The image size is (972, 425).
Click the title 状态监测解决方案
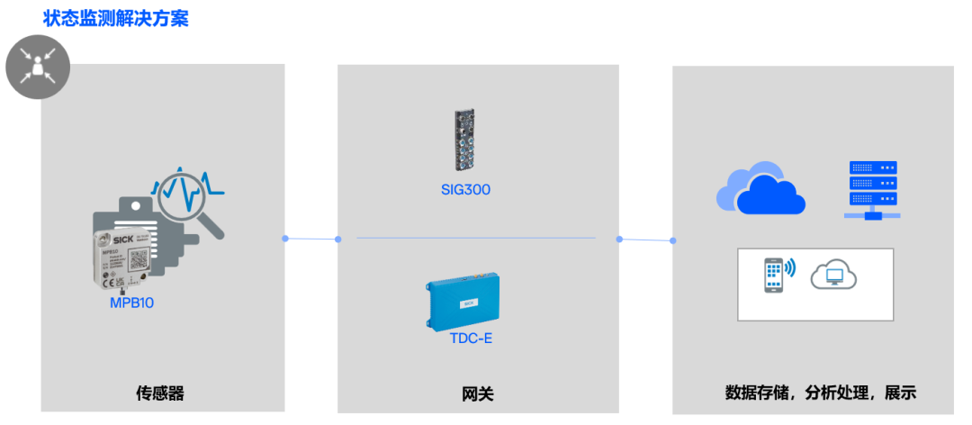pos(116,18)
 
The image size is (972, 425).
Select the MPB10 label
pos(131,303)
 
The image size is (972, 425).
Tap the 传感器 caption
pos(160,393)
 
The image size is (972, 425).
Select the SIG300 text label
pos(465,189)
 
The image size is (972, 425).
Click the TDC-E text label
pos(471,339)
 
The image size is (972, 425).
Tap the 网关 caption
pos(478,393)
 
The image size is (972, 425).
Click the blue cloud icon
pos(760,189)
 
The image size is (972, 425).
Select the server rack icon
pos(873,189)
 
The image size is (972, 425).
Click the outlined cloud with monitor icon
pos(833,274)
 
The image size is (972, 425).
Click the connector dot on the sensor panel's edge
pos(285,239)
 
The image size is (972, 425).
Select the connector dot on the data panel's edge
pos(673,240)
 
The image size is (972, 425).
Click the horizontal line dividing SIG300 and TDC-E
pos(476,238)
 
